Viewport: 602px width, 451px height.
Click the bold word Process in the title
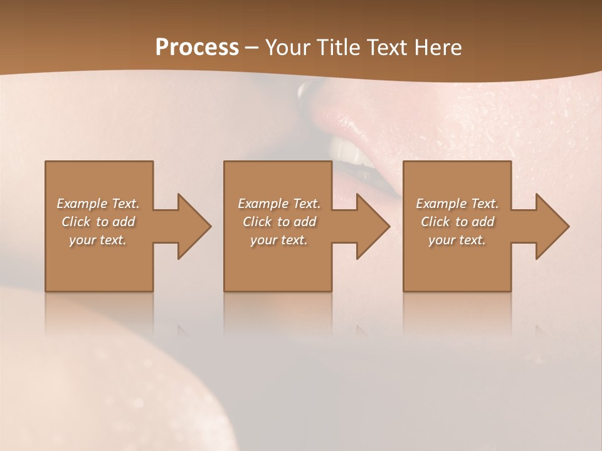coord(197,48)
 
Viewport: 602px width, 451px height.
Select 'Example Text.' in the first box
coord(98,204)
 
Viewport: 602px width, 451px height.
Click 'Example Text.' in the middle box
coord(279,204)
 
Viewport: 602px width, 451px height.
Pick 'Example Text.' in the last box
coord(457,204)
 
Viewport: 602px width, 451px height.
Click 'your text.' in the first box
coord(98,240)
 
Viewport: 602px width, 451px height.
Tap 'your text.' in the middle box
coord(279,240)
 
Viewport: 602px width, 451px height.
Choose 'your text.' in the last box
coord(457,240)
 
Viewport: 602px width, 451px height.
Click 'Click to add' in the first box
coord(98,222)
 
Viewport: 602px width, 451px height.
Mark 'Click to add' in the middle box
coord(279,222)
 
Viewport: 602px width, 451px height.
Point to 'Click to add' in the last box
coord(457,222)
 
